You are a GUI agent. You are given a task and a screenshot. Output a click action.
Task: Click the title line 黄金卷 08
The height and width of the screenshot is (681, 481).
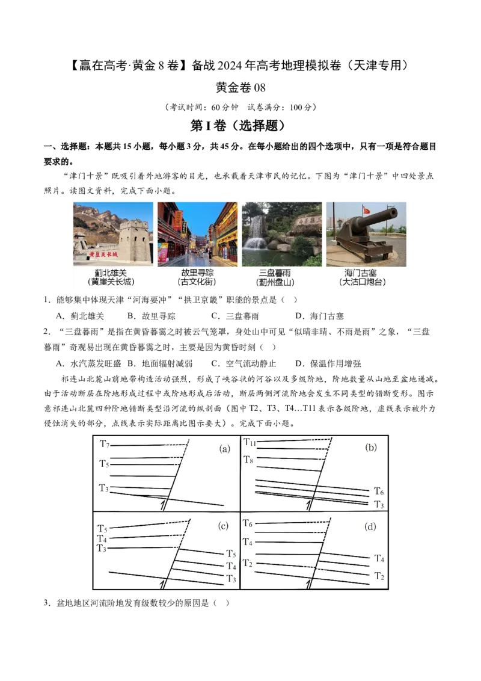pyautogui.click(x=240, y=87)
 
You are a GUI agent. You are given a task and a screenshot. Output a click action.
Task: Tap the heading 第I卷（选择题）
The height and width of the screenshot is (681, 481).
pyautogui.click(x=238, y=126)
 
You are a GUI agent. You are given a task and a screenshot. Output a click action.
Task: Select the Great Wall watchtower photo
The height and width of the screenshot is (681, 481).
pyautogui.click(x=113, y=234)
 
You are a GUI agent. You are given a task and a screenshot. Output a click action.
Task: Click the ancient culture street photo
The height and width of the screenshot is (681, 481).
pyautogui.click(x=198, y=234)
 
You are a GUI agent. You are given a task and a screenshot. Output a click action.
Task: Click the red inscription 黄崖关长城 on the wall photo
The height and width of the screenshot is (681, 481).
pyautogui.click(x=103, y=254)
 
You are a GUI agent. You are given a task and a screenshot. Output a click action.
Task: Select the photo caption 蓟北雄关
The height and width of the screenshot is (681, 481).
pyautogui.click(x=111, y=273)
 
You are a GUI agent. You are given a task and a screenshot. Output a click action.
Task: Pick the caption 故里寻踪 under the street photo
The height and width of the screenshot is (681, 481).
pyautogui.click(x=197, y=273)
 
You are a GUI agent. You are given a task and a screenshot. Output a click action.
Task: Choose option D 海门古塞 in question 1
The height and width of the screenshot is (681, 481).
pyautogui.click(x=319, y=316)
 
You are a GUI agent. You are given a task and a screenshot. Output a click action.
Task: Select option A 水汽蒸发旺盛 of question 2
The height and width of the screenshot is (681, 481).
pyautogui.click(x=88, y=363)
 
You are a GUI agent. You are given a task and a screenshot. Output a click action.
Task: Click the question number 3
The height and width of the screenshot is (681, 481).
pyautogui.click(x=47, y=603)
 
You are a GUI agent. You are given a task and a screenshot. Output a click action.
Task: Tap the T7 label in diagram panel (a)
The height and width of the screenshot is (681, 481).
pyautogui.click(x=104, y=444)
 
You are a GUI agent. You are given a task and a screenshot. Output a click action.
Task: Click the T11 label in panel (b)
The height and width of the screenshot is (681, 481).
pyautogui.click(x=250, y=442)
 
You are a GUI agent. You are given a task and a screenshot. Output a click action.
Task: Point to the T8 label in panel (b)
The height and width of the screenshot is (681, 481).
pyautogui.click(x=248, y=460)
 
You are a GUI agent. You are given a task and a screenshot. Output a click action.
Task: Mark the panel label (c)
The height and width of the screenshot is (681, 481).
pyautogui.click(x=223, y=526)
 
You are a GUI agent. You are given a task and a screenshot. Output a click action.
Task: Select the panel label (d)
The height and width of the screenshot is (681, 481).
pyautogui.click(x=370, y=526)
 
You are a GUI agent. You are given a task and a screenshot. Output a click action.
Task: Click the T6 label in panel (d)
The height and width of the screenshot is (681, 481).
pyautogui.click(x=248, y=523)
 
